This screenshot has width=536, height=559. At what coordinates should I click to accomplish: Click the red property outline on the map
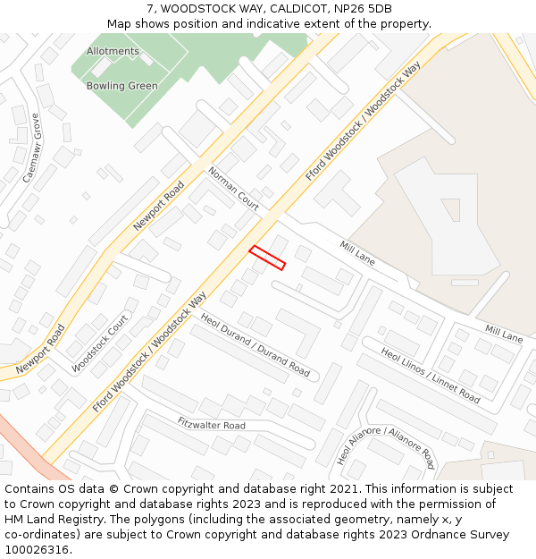267,258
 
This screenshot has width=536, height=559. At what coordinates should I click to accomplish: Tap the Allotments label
113,51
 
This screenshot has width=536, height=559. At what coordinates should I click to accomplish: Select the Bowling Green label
121,86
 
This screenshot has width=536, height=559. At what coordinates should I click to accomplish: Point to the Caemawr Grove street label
32,148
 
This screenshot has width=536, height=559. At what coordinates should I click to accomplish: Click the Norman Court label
233,189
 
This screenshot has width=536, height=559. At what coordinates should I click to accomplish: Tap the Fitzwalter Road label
211,424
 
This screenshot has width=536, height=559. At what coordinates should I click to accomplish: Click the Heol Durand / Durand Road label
255,344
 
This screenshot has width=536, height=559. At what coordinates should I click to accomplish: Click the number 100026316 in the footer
38,550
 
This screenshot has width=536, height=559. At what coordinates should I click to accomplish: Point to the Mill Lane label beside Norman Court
357,252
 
